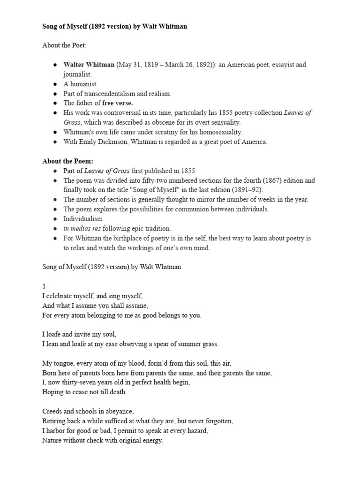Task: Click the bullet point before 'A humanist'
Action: point(55,84)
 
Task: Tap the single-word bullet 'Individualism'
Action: point(83,218)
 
